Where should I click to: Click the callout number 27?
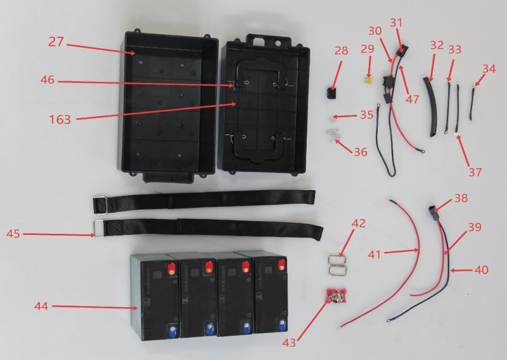click(56, 42)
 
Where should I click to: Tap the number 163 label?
click(60, 120)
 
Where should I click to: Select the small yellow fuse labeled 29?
click(368, 78)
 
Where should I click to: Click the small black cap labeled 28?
click(331, 93)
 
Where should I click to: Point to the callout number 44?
click(41, 305)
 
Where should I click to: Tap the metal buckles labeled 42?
click(337, 265)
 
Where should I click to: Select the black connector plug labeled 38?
click(432, 212)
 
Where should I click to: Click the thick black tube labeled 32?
click(430, 106)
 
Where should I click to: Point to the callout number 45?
click(13, 233)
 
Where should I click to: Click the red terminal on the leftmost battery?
click(172, 269)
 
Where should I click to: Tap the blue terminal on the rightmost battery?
click(282, 322)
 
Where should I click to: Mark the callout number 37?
click(475, 172)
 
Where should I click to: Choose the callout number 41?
click(375, 255)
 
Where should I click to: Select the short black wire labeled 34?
click(472, 102)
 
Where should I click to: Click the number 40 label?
click(481, 269)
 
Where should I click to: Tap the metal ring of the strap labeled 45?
click(99, 229)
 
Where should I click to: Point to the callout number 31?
click(396, 23)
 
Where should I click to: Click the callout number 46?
click(48, 80)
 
